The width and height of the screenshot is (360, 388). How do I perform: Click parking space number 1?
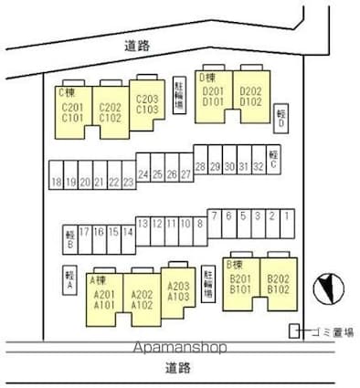click(x=286, y=219)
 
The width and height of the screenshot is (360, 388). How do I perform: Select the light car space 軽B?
click(x=69, y=237)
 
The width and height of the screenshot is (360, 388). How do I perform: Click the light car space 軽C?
click(x=273, y=158)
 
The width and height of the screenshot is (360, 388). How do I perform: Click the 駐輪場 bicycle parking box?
click(x=180, y=92)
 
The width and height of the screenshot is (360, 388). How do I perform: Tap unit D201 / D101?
click(x=213, y=96)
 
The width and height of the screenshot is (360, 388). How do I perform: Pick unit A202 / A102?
click(x=142, y=299)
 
